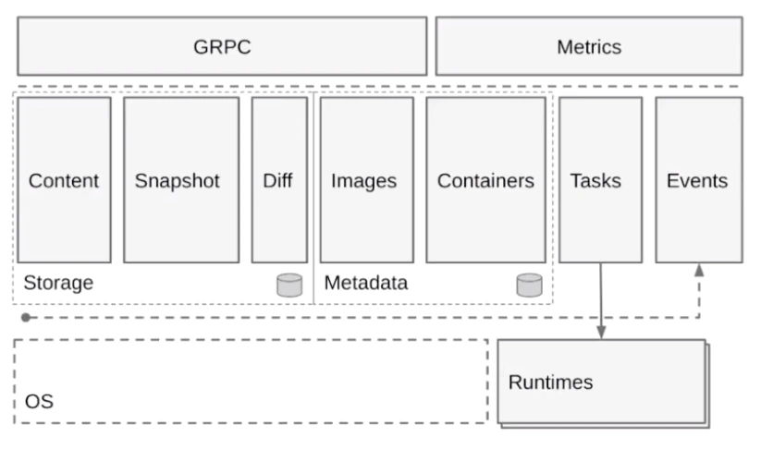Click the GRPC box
[222, 46]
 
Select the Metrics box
[589, 46]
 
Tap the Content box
[64, 180]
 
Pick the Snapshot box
[181, 180]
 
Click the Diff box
[279, 180]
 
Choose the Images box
[367, 180]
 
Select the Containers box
[485, 180]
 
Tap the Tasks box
[601, 180]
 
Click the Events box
[699, 180]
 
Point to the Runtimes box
[602, 382]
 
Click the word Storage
[58, 283]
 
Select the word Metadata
[366, 283]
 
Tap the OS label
[39, 402]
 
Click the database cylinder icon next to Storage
[289, 285]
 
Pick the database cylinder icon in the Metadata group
[529, 285]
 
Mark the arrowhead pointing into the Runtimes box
[601, 333]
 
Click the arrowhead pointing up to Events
[699, 270]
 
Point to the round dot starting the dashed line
[26, 318]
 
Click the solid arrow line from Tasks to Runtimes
[601, 301]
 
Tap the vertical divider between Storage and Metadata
[314, 198]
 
